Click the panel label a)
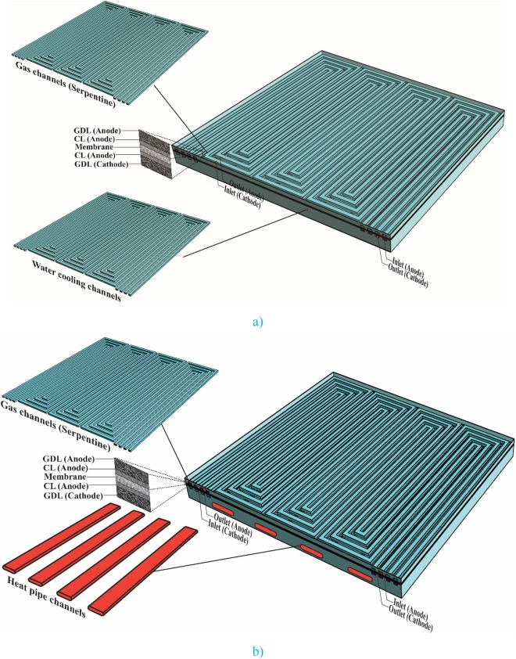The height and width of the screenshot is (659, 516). coord(258,322)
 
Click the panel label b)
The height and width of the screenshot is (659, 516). coord(258,651)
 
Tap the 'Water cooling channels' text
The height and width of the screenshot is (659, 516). coord(77,280)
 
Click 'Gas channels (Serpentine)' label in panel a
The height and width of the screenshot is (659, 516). coord(66,84)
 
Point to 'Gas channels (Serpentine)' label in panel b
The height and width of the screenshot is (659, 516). coord(56,426)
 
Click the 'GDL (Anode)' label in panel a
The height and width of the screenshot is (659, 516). coord(97,130)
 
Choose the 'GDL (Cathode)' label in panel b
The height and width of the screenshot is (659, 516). coord(73,496)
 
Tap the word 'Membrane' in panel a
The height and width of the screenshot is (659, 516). coord(94,147)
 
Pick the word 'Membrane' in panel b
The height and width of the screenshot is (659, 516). coord(65,477)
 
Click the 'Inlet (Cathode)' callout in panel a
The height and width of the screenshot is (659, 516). coord(242,197)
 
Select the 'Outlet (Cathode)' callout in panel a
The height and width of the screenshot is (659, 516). coord(408,275)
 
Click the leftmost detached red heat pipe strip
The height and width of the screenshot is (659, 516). coord(62,537)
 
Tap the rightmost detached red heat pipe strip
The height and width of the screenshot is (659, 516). coord(143,572)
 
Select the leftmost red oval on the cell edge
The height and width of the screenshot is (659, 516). coord(224,509)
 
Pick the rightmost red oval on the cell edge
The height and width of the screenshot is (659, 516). coord(360,574)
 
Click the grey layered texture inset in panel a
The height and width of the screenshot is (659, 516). coord(156,154)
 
